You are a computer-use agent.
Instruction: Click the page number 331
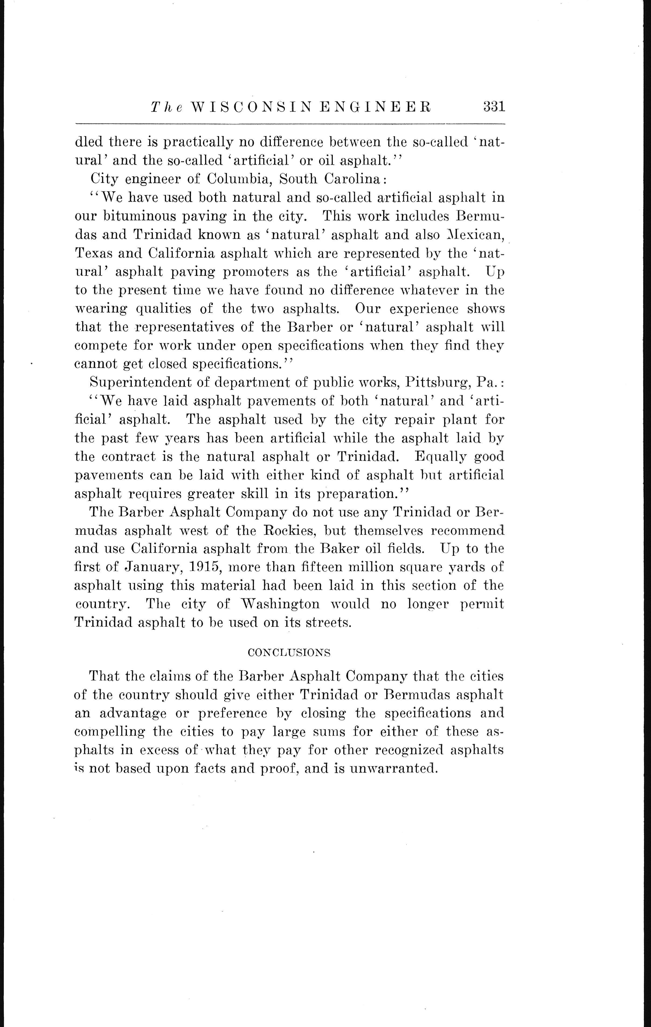click(494, 106)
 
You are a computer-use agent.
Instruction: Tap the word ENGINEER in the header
click(375, 107)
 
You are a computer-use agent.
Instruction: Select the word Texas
click(93, 253)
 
